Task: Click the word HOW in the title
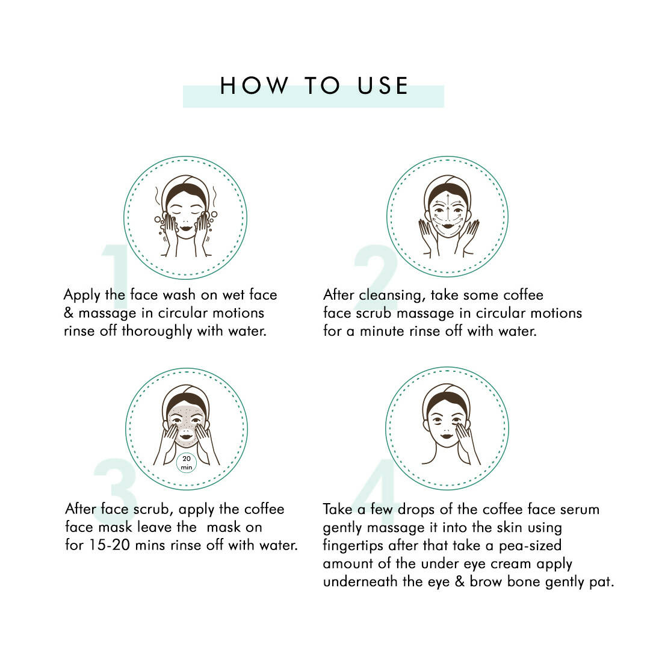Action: [x=254, y=85]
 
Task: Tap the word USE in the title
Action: [x=383, y=85]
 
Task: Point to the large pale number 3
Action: [x=116, y=486]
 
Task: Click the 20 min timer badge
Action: [x=186, y=463]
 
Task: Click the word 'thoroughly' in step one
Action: [x=157, y=332]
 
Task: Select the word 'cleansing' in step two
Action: [x=392, y=295]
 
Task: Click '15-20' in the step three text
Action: [x=109, y=545]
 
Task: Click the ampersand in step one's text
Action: [x=69, y=313]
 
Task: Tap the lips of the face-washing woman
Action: [x=186, y=229]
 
